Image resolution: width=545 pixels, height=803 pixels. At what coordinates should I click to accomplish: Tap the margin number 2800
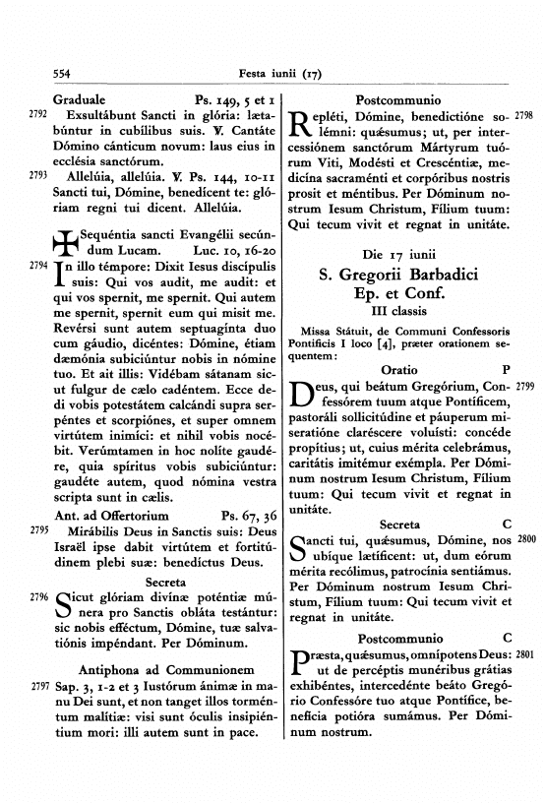coord(525,540)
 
